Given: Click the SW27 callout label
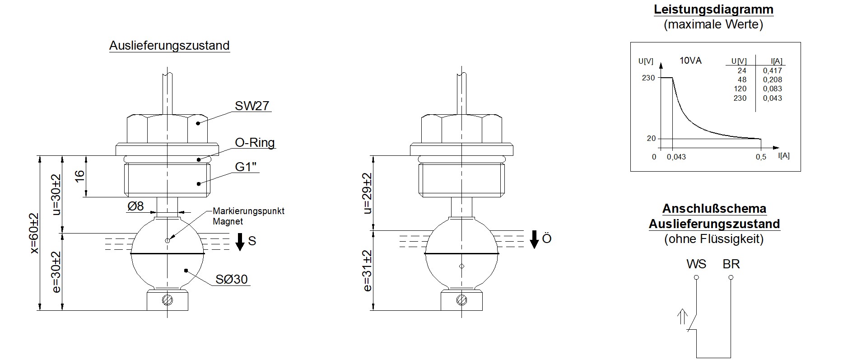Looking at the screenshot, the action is [x=252, y=106].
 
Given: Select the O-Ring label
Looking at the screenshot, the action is [x=255, y=143].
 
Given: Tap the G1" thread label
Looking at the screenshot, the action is [x=246, y=167].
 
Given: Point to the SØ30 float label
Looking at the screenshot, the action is [x=232, y=279].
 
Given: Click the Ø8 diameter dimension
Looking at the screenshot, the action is [x=135, y=206].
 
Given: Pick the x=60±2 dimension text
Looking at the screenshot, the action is [x=34, y=233].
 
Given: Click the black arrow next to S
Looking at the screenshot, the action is [x=240, y=242].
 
